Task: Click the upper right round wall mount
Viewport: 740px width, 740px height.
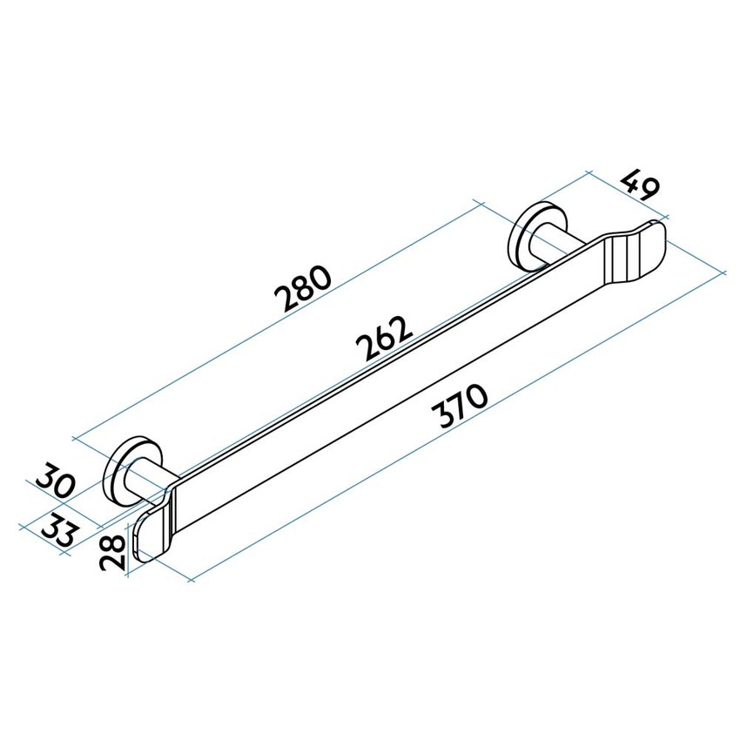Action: pyautogui.click(x=529, y=234)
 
